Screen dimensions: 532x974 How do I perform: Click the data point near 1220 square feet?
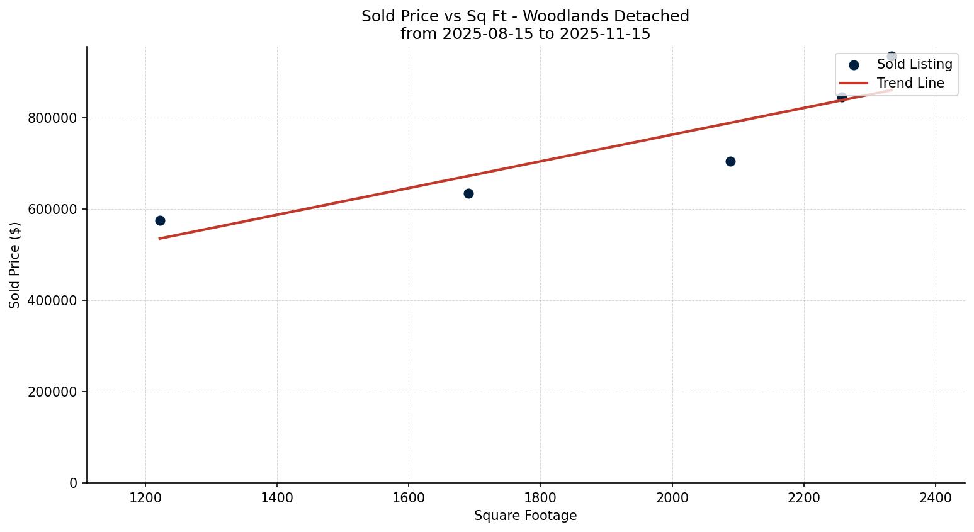(x=160, y=220)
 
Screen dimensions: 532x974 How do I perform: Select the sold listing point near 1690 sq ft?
(x=468, y=193)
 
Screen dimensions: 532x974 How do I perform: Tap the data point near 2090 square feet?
(x=730, y=161)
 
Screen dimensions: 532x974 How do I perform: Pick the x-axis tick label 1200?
(x=145, y=497)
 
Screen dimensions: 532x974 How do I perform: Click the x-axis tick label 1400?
(x=277, y=497)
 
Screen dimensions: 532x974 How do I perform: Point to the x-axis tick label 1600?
(x=409, y=497)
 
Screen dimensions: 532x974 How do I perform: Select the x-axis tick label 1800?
(x=540, y=497)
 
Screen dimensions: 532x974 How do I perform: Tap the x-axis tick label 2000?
(x=672, y=497)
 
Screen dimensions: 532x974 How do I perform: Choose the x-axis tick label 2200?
(x=803, y=497)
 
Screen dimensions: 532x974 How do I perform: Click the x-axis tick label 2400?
(x=936, y=497)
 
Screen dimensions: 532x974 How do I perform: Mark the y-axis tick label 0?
(x=74, y=483)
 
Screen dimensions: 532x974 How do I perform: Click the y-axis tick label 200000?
(x=53, y=392)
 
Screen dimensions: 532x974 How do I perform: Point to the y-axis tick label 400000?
(x=53, y=300)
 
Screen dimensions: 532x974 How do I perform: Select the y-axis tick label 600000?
(x=53, y=209)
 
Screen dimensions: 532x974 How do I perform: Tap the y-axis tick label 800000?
(x=53, y=118)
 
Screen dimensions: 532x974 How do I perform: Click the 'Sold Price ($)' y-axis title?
(x=15, y=265)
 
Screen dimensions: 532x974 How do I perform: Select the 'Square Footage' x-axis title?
(x=525, y=516)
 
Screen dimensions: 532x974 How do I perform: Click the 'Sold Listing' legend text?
(x=914, y=64)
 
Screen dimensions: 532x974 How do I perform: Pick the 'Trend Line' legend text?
(x=910, y=83)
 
